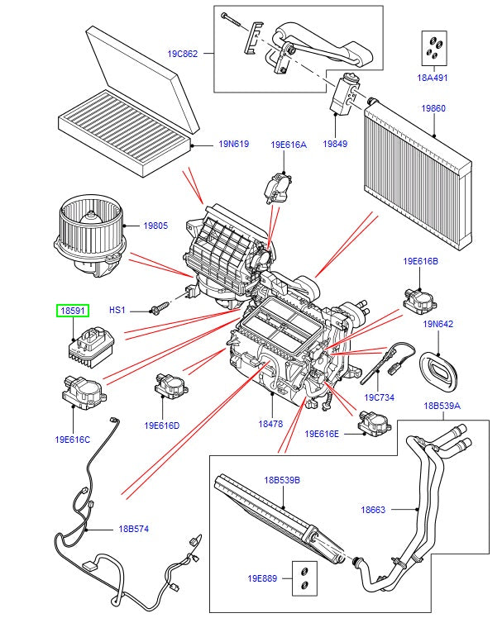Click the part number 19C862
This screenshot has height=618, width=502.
(183, 55)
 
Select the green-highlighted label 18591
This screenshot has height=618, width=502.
(71, 310)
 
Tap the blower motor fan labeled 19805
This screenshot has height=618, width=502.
(86, 233)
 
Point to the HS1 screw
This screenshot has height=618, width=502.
(157, 310)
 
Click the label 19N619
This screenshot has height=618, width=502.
(234, 144)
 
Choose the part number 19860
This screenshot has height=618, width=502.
(433, 108)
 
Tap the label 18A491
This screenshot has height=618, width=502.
(431, 78)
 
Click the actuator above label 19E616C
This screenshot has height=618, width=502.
(82, 389)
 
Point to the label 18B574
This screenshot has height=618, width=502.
(134, 529)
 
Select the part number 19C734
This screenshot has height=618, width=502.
(379, 397)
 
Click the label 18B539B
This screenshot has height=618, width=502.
(282, 480)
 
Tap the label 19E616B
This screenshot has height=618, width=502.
(421, 261)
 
